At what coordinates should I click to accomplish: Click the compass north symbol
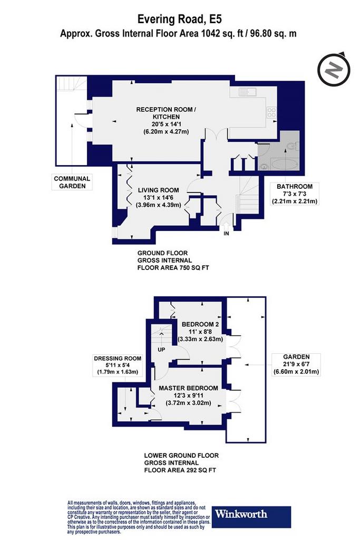[334, 70]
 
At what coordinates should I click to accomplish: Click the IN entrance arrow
[226, 227]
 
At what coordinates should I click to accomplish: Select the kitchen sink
[247, 92]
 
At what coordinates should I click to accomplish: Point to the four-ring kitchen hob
[271, 113]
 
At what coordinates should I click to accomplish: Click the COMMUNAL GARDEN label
[72, 182]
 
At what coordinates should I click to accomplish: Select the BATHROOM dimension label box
[295, 194]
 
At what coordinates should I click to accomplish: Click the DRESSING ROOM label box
[118, 365]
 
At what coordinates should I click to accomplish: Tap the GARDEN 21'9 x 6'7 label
[296, 364]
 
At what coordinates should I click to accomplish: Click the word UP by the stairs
[161, 350]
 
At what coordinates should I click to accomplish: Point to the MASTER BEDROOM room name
[188, 388]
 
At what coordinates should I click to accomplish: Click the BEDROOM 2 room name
[200, 324]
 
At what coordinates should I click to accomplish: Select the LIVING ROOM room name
[158, 190]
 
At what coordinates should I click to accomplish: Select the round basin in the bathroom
[264, 166]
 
